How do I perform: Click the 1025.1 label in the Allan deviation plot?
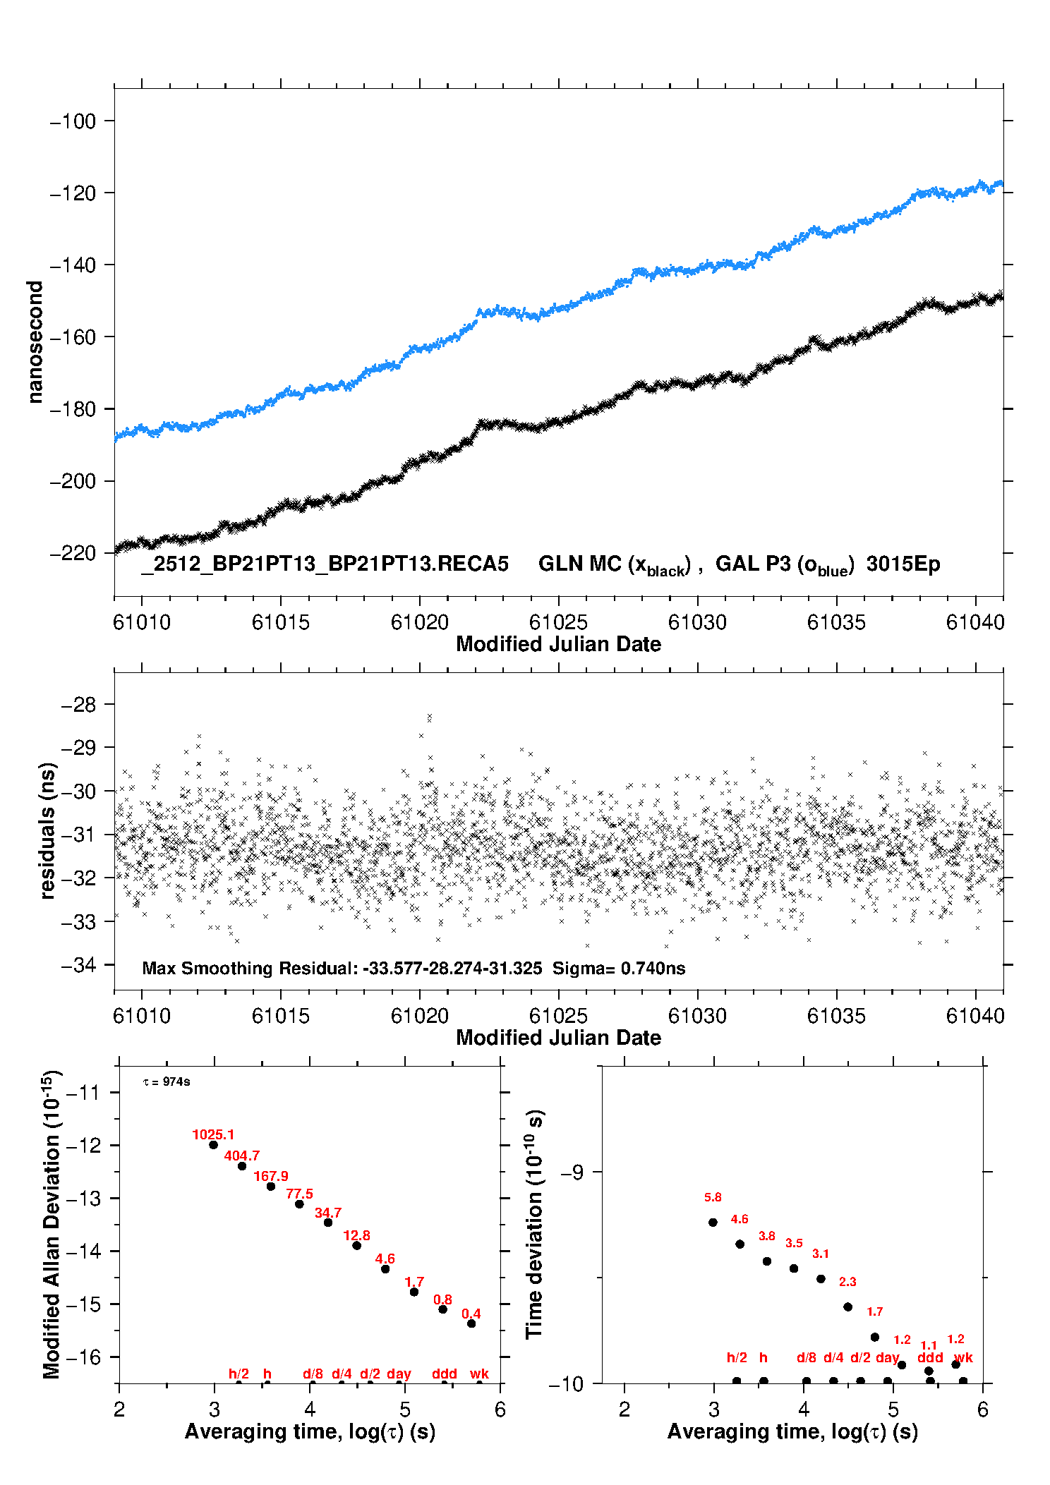(213, 1134)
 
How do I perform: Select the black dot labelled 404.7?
(242, 1166)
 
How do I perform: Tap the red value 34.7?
(328, 1213)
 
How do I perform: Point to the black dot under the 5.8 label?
(713, 1223)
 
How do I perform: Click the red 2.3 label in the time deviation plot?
(847, 1282)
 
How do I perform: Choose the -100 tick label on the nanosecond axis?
(73, 121)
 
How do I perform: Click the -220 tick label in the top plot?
(73, 553)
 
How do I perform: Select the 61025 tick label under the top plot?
(558, 622)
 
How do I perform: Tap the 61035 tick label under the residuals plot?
(836, 1016)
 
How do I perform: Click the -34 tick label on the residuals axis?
(78, 965)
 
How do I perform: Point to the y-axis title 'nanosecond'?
(35, 342)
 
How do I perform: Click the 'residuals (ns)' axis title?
(47, 830)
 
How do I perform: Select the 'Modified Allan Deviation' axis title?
(52, 1224)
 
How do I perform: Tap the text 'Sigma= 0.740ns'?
(619, 969)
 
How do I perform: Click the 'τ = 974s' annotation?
(167, 1082)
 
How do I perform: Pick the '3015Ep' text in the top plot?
(903, 564)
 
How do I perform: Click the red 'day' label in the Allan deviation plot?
(399, 1374)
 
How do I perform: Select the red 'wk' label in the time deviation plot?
(963, 1358)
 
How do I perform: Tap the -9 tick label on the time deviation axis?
(572, 1172)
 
